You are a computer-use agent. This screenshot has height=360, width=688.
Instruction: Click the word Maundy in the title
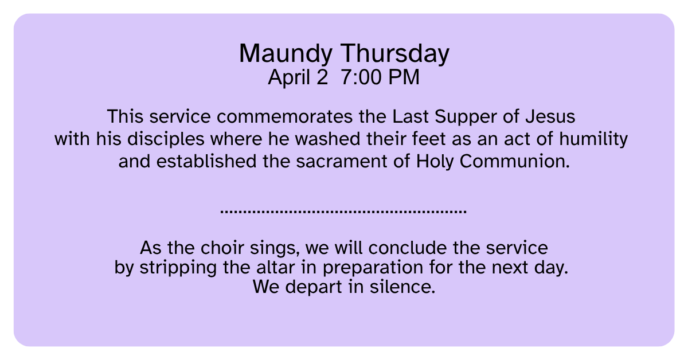286,54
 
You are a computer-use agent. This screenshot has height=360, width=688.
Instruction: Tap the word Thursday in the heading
394,54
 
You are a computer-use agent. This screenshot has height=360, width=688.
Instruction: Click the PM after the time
404,77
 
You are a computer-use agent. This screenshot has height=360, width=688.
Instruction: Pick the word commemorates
285,117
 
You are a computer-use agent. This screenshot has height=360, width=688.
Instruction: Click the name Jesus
550,117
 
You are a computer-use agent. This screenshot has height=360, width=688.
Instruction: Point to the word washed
327,139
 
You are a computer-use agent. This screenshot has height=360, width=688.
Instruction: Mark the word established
206,162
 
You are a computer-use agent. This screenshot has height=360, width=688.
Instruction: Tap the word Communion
514,162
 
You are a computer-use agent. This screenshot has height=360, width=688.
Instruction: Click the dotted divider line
343,212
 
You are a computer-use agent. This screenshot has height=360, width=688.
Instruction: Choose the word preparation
373,268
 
